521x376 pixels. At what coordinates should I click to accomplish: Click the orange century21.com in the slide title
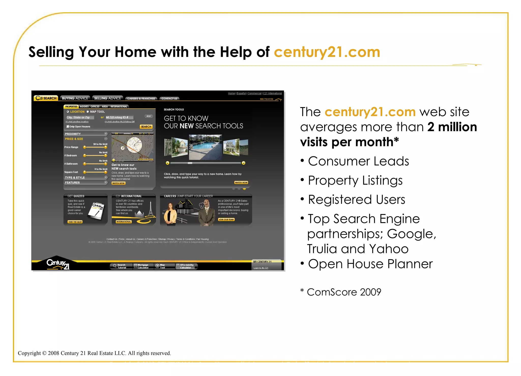(x=327, y=52)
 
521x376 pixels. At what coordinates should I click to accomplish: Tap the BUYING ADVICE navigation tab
(x=75, y=98)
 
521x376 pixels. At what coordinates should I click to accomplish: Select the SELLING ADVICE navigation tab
(x=108, y=98)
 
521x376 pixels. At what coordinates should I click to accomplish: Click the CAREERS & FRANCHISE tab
(x=141, y=99)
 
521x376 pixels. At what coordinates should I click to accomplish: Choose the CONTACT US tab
(x=169, y=99)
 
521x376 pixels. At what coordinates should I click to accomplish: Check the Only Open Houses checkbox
(x=68, y=126)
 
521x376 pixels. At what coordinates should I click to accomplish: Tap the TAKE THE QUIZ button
(x=75, y=222)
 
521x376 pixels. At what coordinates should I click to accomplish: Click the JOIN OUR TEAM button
(x=226, y=220)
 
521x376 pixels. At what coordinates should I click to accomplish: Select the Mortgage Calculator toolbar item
(x=143, y=266)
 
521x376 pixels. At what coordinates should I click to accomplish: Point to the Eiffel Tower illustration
(x=151, y=209)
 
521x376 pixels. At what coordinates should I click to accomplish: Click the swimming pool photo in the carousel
(x=205, y=147)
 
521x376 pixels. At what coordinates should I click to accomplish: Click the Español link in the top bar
(x=241, y=93)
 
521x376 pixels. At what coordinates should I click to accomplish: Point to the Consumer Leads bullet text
(x=358, y=161)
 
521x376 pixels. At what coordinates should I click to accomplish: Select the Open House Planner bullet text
(x=370, y=264)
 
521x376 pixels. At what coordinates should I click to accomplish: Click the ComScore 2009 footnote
(x=344, y=292)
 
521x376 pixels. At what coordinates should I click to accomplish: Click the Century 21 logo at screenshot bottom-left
(x=58, y=264)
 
